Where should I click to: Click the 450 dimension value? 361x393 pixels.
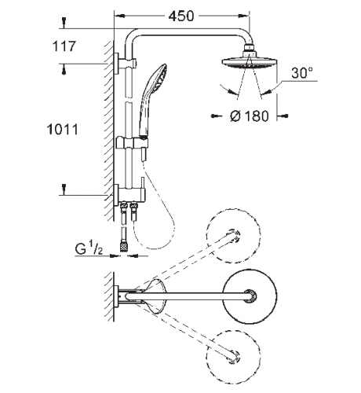(x=181, y=16)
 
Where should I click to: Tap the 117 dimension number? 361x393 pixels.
(x=64, y=46)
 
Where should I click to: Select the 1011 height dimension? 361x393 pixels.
(x=63, y=130)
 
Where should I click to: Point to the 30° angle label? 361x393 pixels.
(x=302, y=72)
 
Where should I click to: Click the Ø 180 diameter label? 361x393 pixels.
(x=250, y=116)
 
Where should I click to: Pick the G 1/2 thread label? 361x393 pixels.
(x=89, y=249)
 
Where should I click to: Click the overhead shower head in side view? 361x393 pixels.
(x=249, y=62)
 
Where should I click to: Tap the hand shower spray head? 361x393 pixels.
(x=158, y=78)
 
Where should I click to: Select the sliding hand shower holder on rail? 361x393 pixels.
(x=132, y=143)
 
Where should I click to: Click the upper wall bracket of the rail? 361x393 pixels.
(x=125, y=63)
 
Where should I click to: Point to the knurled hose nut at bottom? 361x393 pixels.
(x=123, y=248)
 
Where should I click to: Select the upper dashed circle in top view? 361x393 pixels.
(x=234, y=236)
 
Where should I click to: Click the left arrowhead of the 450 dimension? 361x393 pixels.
(x=119, y=16)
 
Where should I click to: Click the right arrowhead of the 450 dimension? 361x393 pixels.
(x=244, y=16)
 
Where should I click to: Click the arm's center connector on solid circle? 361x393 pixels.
(x=250, y=296)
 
